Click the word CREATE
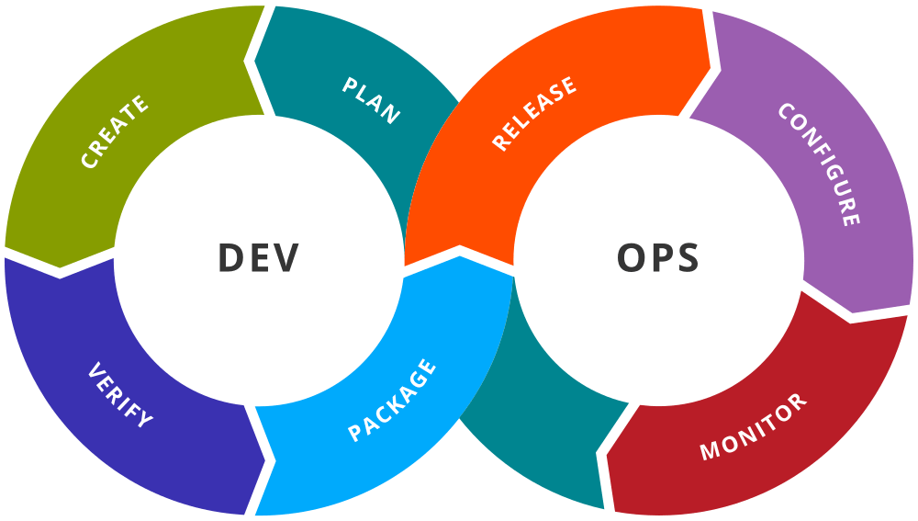click(x=115, y=132)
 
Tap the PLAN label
click(x=372, y=99)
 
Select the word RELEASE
click(x=534, y=113)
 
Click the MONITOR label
click(x=754, y=426)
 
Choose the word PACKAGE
click(x=392, y=401)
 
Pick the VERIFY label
click(x=120, y=396)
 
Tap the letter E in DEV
click(x=259, y=259)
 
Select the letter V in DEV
click(x=286, y=259)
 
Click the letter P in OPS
click(x=659, y=259)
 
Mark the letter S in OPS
click(x=686, y=259)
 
